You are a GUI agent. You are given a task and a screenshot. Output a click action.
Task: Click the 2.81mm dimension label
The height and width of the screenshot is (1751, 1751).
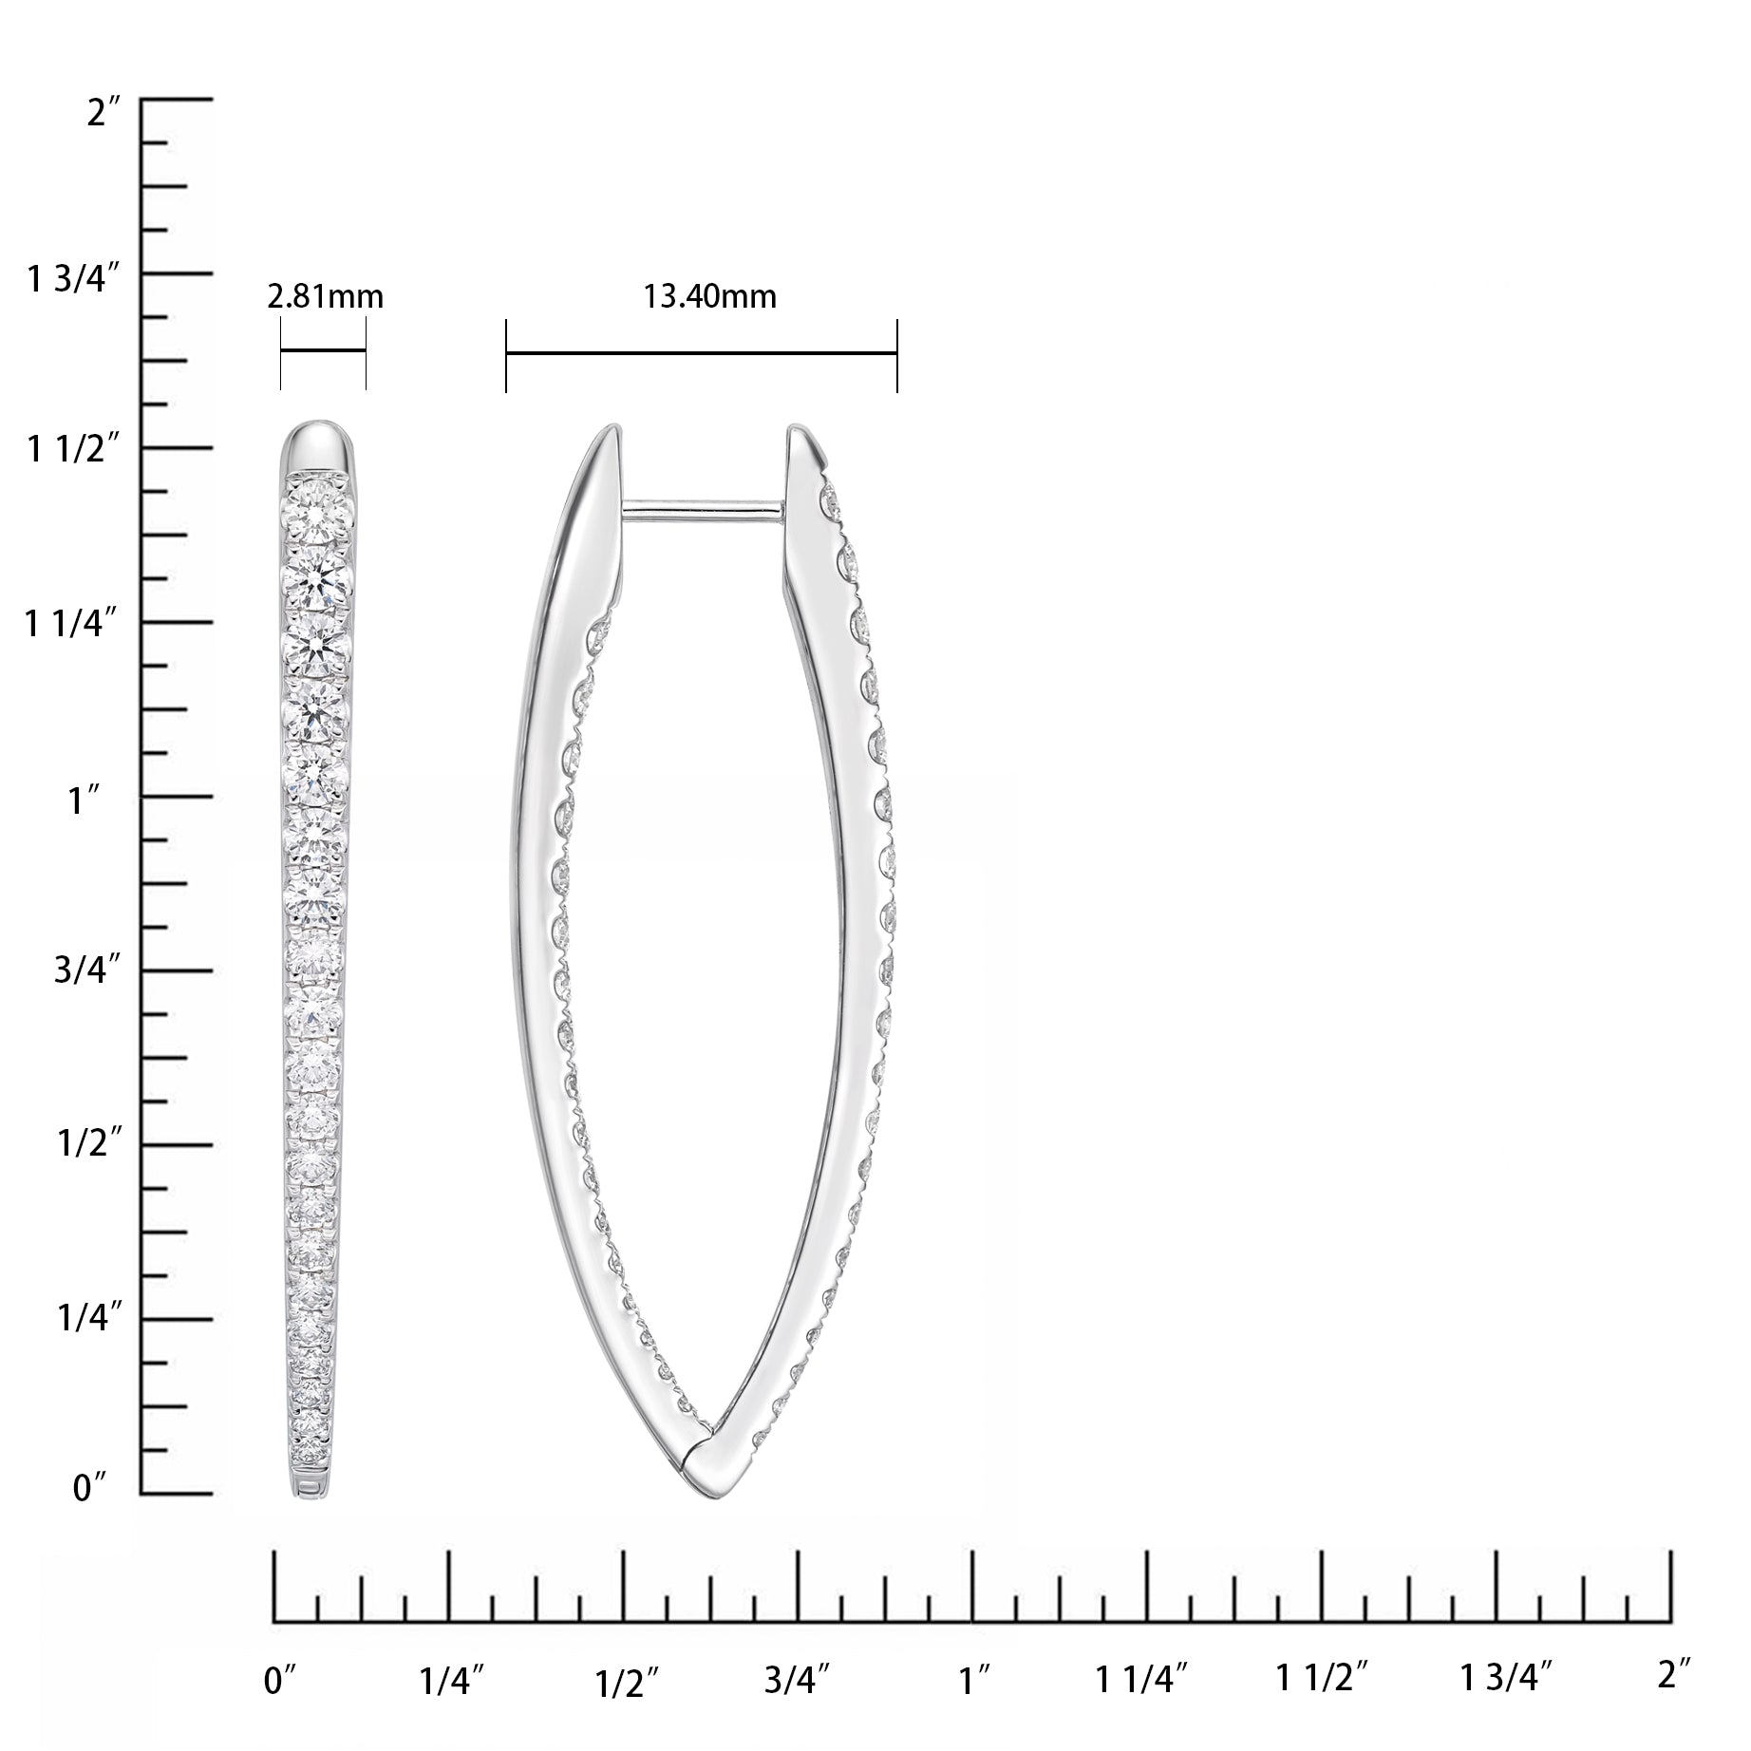pos(324,297)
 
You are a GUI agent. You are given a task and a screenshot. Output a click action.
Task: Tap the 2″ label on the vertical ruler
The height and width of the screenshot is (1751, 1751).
pos(103,113)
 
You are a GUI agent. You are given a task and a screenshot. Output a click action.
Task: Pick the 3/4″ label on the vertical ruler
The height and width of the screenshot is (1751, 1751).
pos(88,975)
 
